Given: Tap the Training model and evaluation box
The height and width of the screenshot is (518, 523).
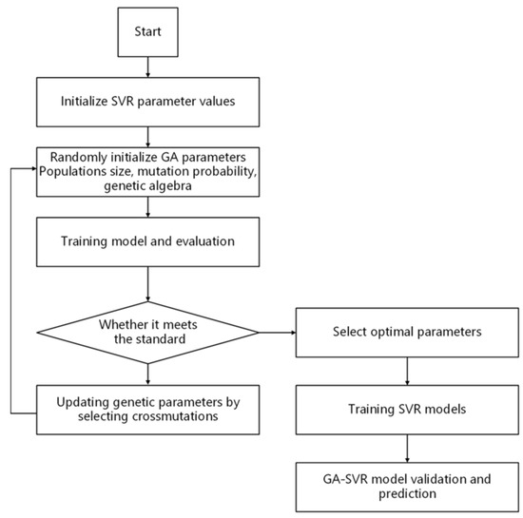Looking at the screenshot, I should (x=147, y=242).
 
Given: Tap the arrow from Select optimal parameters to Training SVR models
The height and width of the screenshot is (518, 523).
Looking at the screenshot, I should (x=408, y=371).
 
